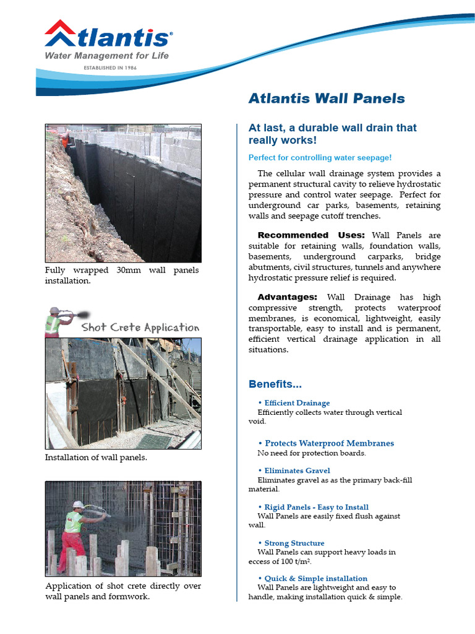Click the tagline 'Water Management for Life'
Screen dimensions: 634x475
106,56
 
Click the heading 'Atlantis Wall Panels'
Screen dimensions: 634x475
327,98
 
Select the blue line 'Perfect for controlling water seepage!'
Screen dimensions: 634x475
320,158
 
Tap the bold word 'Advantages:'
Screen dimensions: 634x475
287,297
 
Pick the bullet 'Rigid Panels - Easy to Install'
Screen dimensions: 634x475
316,507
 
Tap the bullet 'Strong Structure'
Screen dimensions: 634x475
294,543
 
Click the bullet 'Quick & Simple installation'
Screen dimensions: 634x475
315,578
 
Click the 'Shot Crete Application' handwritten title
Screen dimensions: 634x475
140,328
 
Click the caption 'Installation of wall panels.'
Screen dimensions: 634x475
96,458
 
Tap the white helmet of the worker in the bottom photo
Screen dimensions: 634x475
78,505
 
